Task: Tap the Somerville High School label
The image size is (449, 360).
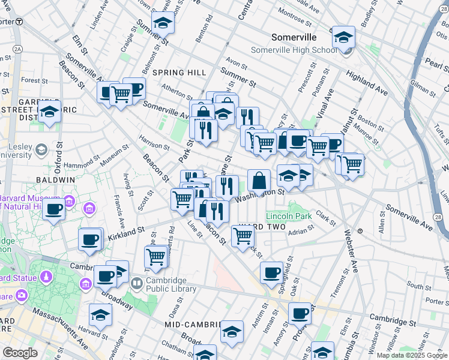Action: (x=295, y=50)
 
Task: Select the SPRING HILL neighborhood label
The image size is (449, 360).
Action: (x=175, y=73)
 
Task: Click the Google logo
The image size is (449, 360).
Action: (x=20, y=353)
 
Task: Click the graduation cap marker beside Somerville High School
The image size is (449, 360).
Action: (x=343, y=38)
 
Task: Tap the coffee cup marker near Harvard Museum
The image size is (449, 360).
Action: (x=54, y=210)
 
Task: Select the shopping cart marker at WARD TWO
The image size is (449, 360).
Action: (x=243, y=235)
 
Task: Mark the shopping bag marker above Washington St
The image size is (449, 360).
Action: (x=259, y=181)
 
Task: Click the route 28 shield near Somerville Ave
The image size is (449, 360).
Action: (x=440, y=216)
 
